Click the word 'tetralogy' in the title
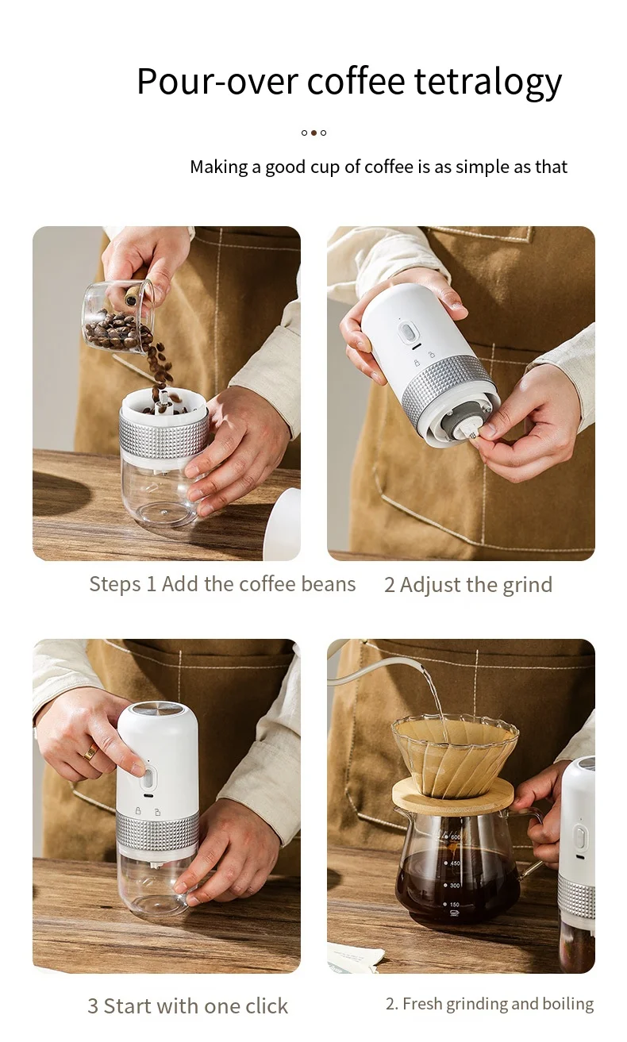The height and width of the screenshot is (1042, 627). click(488, 83)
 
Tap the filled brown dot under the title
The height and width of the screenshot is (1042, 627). click(313, 133)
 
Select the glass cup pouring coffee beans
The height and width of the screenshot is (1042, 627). click(118, 317)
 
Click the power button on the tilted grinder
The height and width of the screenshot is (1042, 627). click(408, 333)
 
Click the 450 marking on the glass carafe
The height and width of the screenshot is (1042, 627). click(453, 863)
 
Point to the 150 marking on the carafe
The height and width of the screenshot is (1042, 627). click(453, 904)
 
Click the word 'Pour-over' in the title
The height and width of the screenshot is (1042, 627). click(217, 82)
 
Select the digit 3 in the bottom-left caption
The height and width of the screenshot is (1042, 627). click(93, 1006)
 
